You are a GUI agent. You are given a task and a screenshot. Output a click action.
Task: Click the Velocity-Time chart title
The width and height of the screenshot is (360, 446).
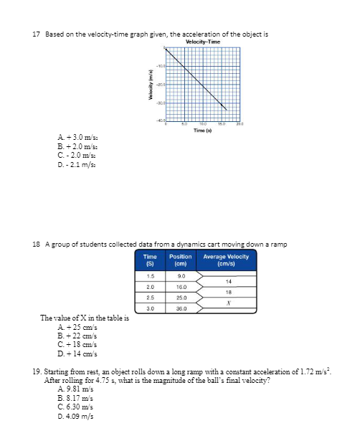coord(202,41)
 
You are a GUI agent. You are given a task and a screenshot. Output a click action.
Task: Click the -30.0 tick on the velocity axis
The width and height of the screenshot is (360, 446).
coord(162,102)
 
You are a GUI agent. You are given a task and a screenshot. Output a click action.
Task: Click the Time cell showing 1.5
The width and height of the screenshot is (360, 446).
coord(151,275)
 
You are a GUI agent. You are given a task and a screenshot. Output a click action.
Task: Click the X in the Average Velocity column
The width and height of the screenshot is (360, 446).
coord(227,302)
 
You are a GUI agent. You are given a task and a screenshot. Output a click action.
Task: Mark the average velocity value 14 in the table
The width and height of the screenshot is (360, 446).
coord(227,280)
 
